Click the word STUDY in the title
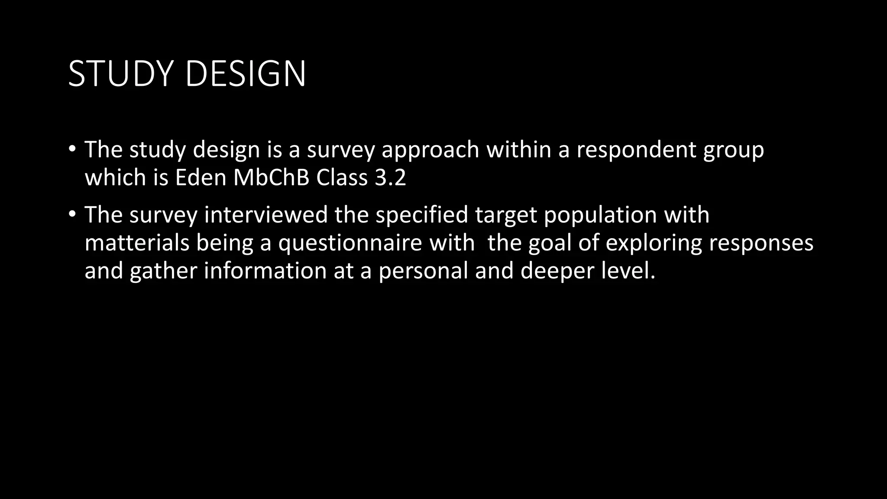point(123,74)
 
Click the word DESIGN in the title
point(245,74)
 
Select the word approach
point(430,150)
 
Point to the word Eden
point(201,178)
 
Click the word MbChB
point(271,178)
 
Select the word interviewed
point(266,215)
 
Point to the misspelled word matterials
point(137,243)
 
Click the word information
point(265,271)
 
